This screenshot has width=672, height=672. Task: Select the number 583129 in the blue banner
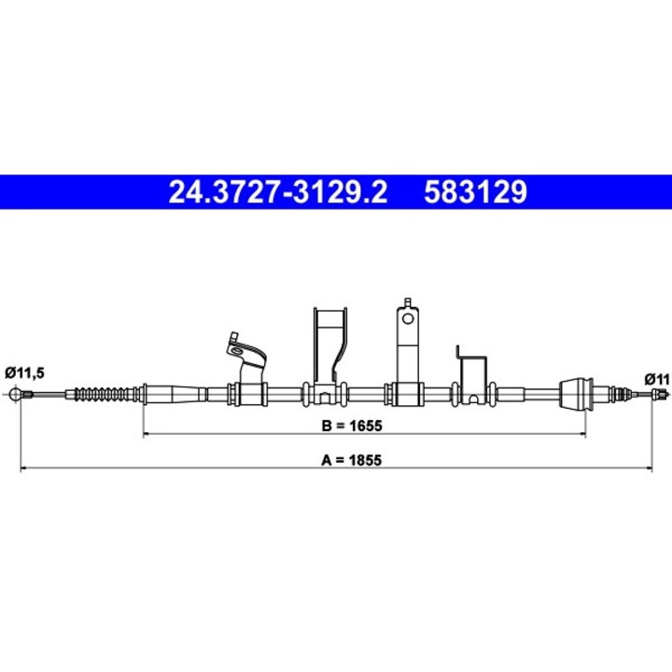point(476,191)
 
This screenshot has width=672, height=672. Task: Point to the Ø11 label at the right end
point(656,378)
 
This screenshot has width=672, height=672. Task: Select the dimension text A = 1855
point(352,458)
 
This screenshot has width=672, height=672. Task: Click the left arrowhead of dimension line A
point(22,468)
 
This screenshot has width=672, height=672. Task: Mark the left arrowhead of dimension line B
point(146,434)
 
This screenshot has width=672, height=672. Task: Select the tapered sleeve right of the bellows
point(173,393)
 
